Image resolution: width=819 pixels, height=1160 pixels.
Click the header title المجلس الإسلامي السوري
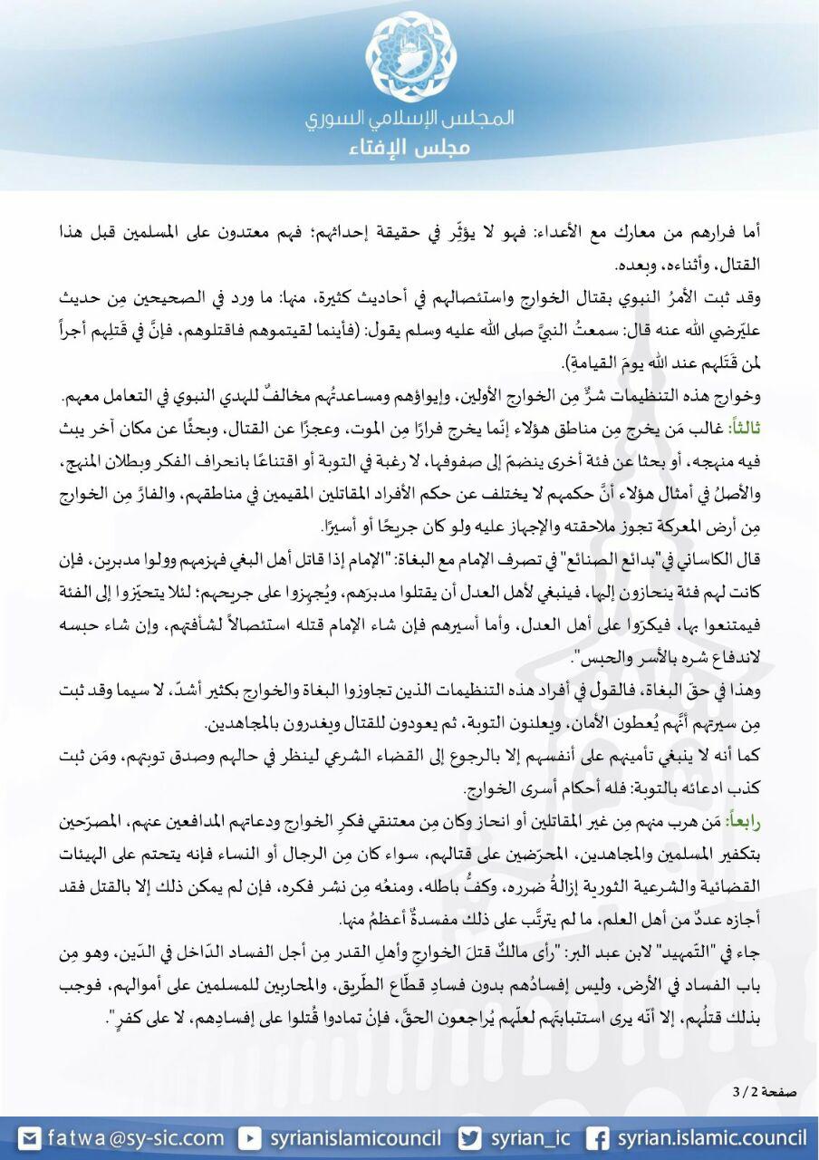[409, 118]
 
